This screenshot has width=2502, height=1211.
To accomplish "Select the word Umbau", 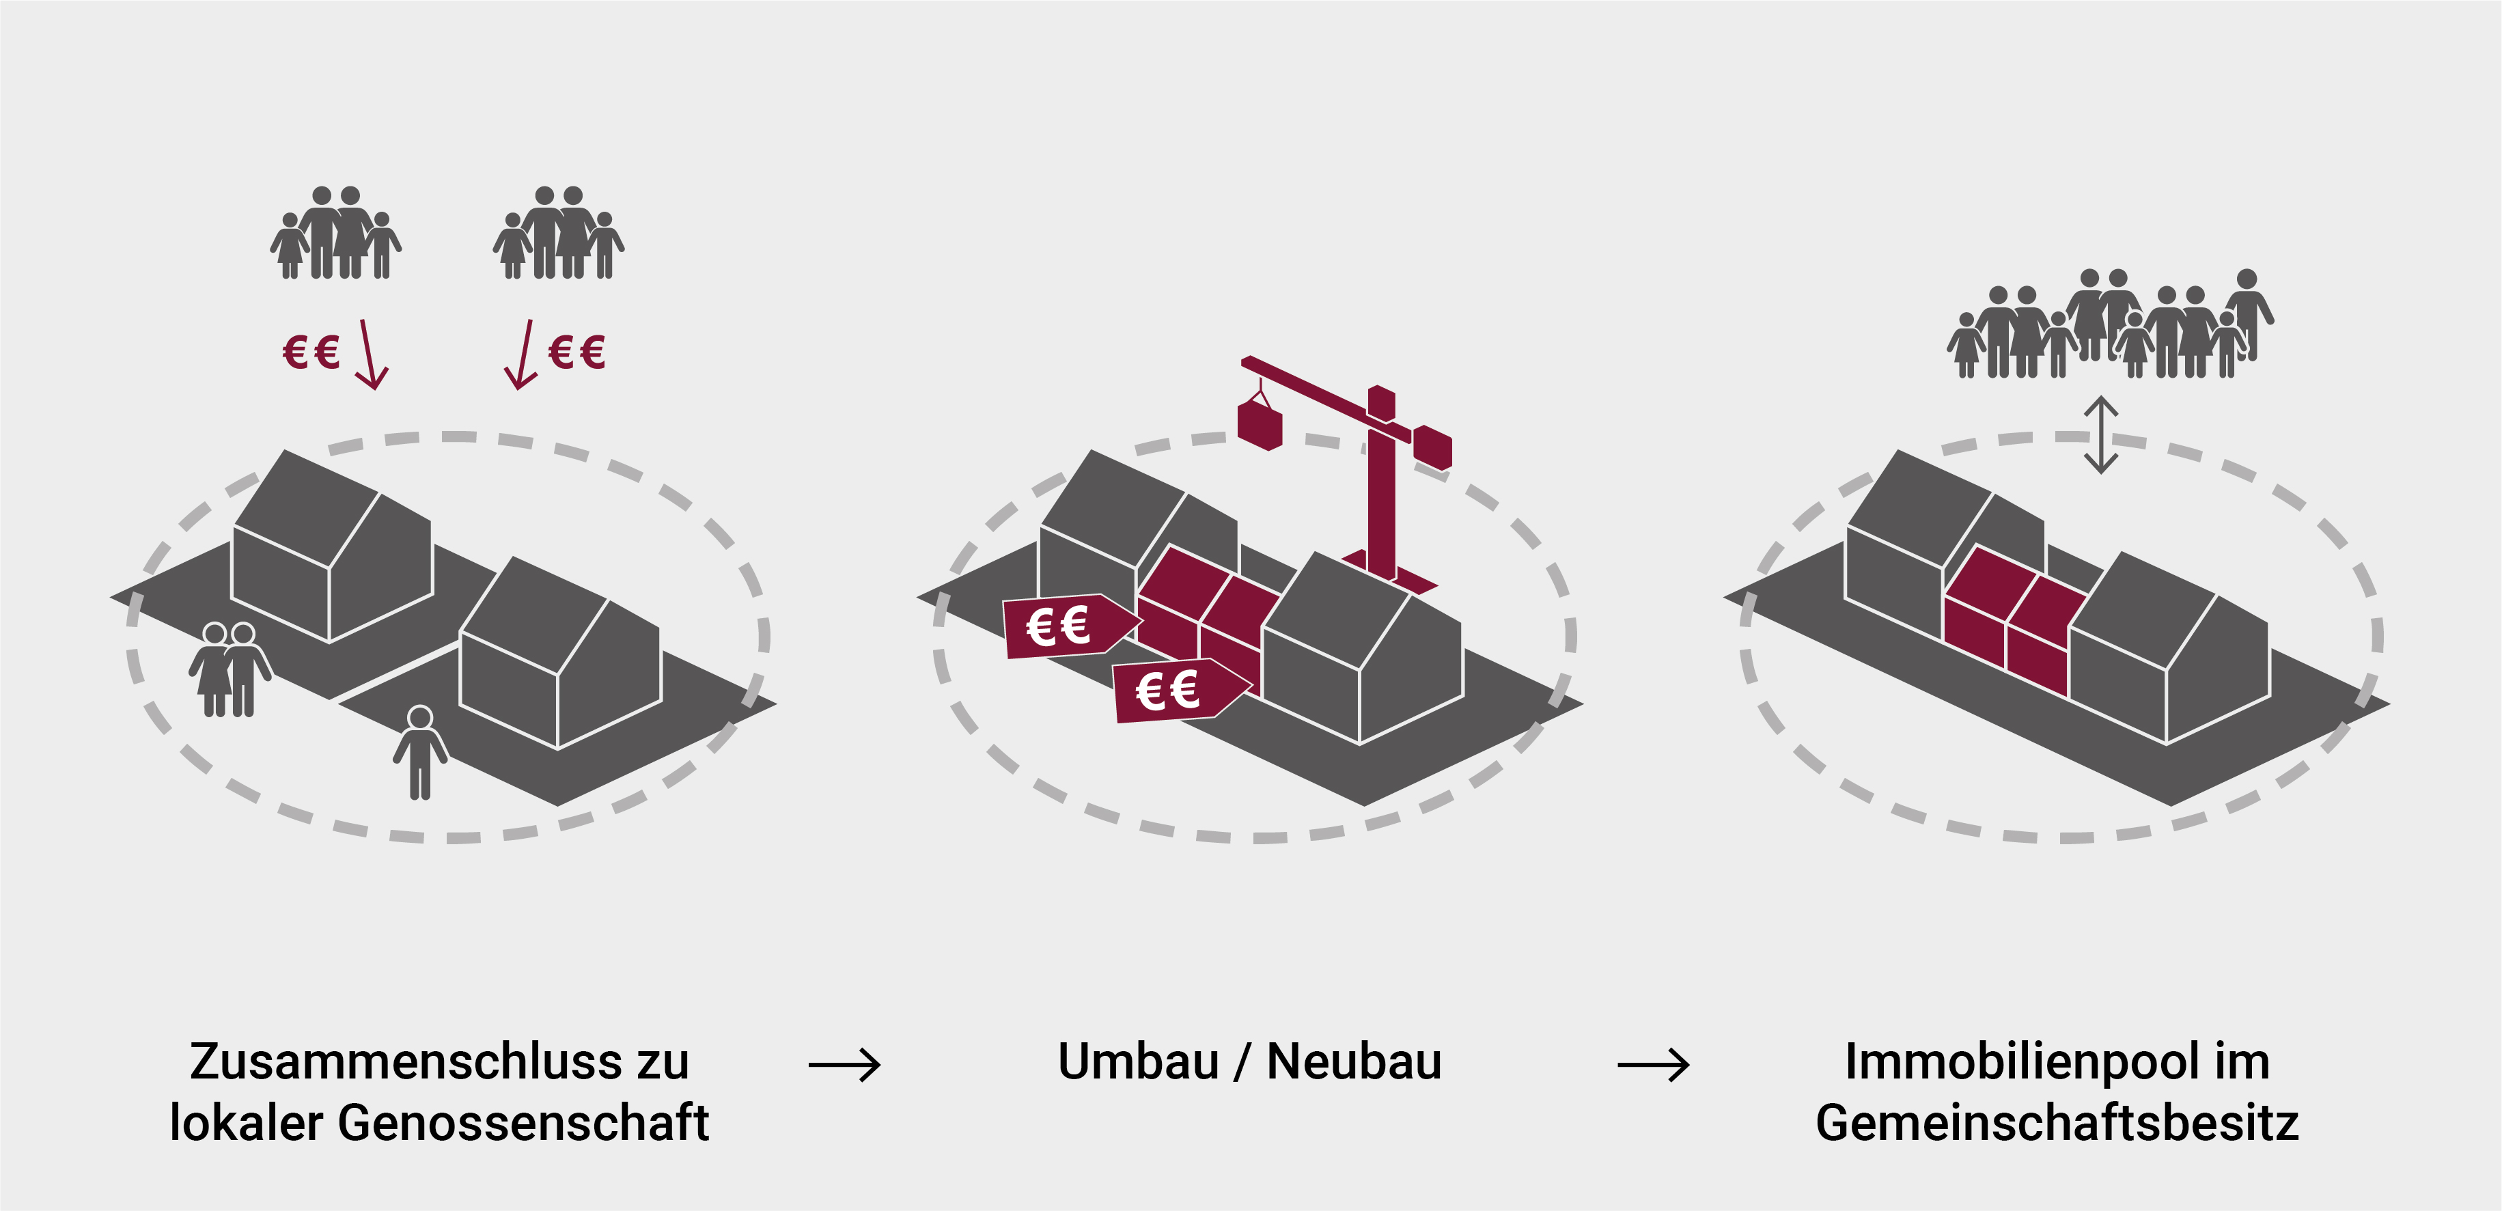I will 1137,1061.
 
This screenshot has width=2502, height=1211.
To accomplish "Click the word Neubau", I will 1353,1061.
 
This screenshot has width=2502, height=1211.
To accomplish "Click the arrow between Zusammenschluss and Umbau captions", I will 844,1066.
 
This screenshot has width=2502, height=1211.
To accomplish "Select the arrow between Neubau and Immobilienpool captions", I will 1653,1066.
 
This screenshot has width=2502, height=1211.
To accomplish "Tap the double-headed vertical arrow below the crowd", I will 2101,434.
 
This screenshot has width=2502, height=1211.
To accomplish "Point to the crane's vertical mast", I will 1381,495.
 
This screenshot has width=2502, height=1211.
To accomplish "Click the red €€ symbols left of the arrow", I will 311,352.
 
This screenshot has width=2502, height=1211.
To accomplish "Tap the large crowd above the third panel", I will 2110,325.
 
